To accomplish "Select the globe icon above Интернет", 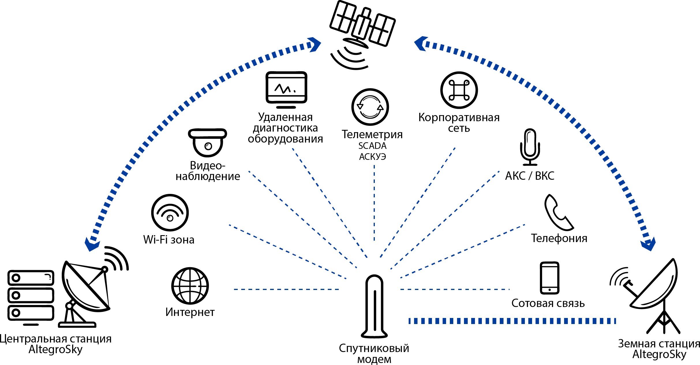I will [190, 286].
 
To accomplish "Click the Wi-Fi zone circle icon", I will [170, 213].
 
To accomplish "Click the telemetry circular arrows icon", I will [370, 107].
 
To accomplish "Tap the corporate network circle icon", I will [459, 90].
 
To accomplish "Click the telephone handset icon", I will [558, 213].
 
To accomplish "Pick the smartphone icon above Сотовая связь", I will [549, 278].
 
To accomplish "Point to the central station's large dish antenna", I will [87, 289].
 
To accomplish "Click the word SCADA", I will [372, 146].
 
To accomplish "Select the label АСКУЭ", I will [372, 157].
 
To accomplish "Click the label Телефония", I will [559, 238].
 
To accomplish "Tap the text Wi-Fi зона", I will [169, 240].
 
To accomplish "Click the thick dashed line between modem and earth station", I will [512, 321].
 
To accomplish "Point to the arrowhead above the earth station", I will [648, 245].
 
